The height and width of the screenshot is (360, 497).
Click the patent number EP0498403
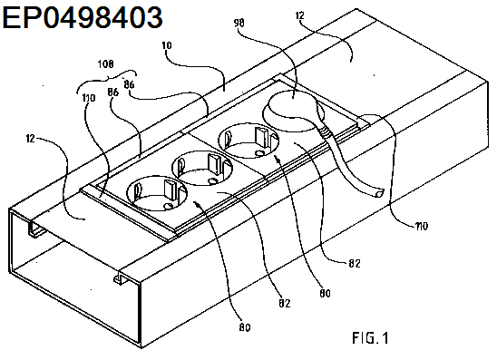coord(83,17)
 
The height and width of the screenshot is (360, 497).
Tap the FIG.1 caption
coord(370,338)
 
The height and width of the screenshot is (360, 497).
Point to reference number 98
coord(239,24)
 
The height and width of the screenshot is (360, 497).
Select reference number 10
coord(167,45)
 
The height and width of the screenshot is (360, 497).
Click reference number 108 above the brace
coord(105,64)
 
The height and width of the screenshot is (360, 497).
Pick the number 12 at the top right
coord(299,15)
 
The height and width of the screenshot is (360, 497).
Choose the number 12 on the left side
coord(31,139)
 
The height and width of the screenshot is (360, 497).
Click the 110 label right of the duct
coord(422,226)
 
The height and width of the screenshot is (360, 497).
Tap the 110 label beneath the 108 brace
coord(89,98)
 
